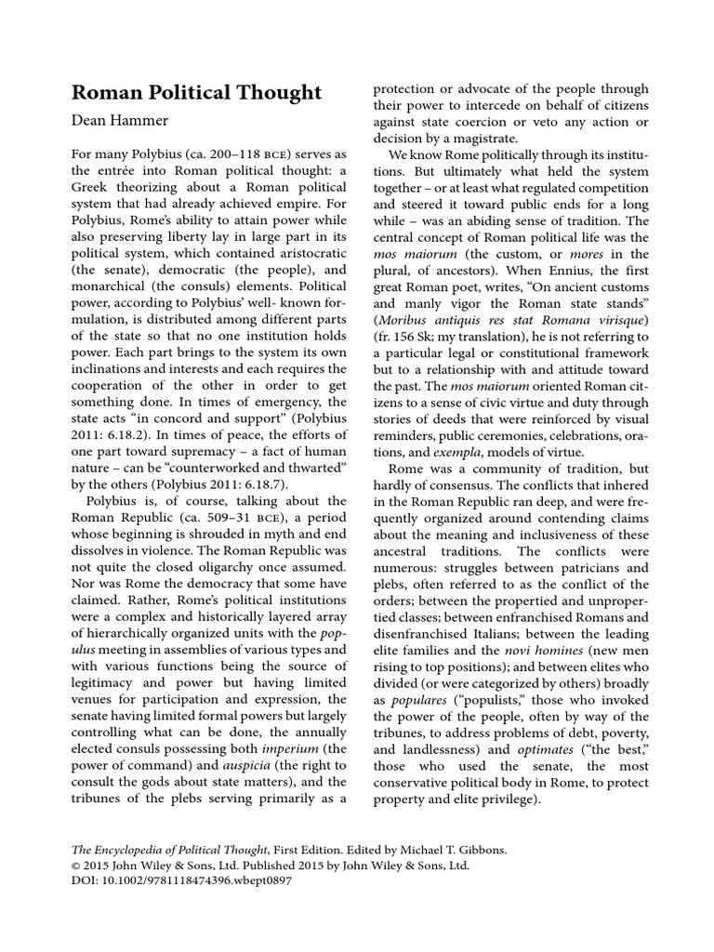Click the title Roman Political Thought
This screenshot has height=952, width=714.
[197, 92]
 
